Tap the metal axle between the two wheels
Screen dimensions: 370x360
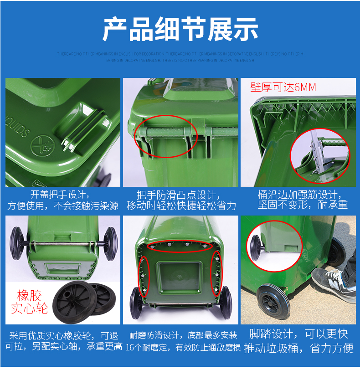64,244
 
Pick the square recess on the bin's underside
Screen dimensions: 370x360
178,276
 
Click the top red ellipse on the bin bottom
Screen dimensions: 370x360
186,247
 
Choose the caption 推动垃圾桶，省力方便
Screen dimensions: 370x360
298,349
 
